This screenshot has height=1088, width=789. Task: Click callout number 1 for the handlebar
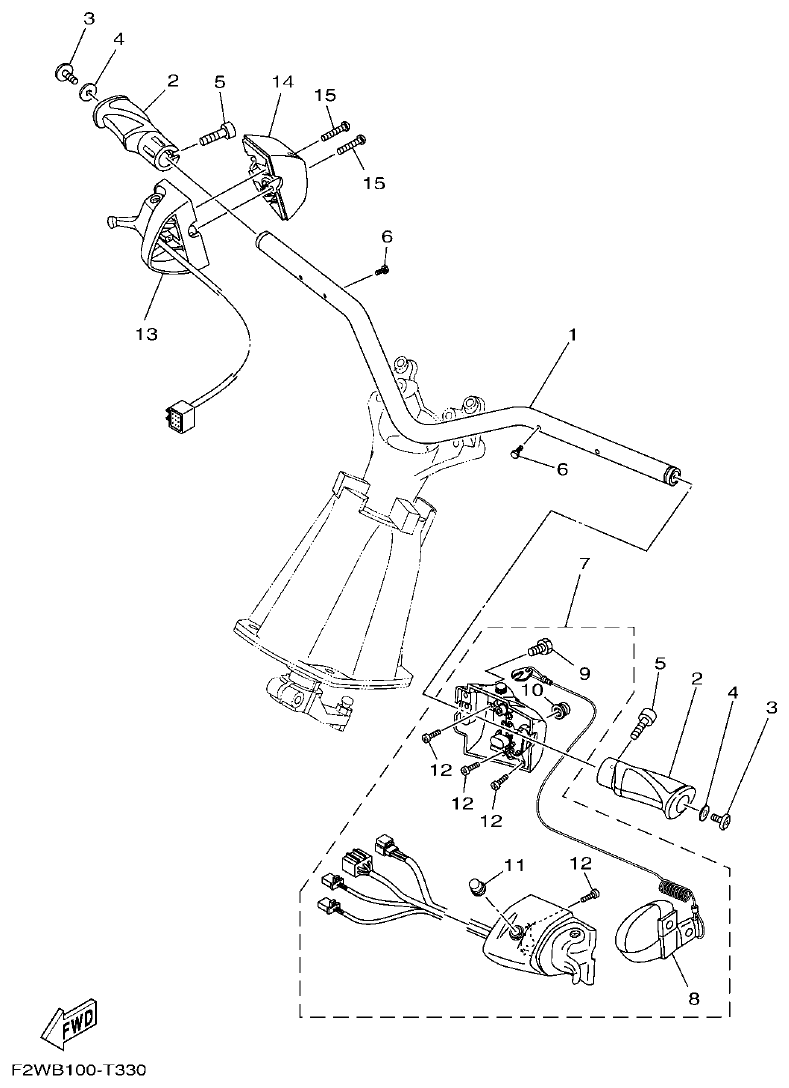[571, 337]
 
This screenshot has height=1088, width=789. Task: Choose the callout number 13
[147, 333]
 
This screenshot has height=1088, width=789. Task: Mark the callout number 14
[282, 81]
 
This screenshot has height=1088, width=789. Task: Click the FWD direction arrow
[68, 1024]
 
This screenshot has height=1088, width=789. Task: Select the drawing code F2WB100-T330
[74, 1071]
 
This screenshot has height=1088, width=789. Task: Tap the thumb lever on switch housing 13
[119, 218]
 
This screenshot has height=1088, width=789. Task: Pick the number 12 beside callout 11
[581, 863]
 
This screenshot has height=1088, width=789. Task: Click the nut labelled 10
[562, 710]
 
